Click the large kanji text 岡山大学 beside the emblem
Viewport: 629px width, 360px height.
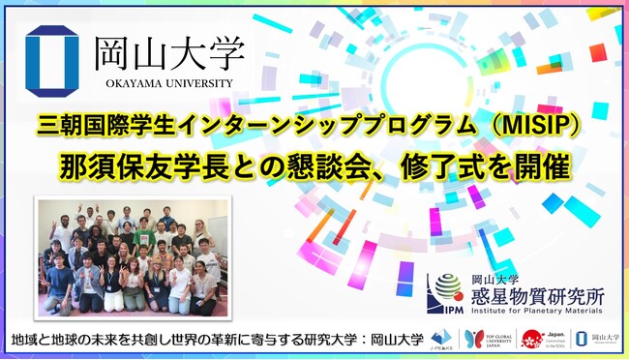point(165,49)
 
